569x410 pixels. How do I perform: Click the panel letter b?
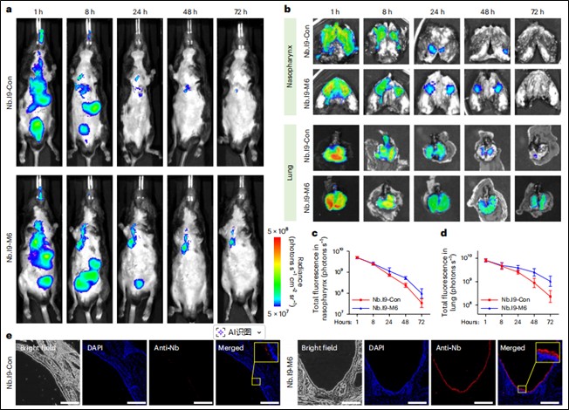tap(289, 8)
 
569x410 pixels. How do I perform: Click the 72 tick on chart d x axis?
tap(551, 322)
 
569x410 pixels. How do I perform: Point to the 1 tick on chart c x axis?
tap(332, 322)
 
